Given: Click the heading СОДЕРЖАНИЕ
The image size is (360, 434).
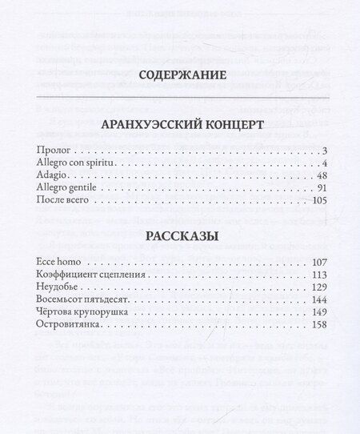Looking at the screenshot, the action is (179, 78).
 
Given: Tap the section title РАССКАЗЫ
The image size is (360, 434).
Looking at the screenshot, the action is (180, 236).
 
